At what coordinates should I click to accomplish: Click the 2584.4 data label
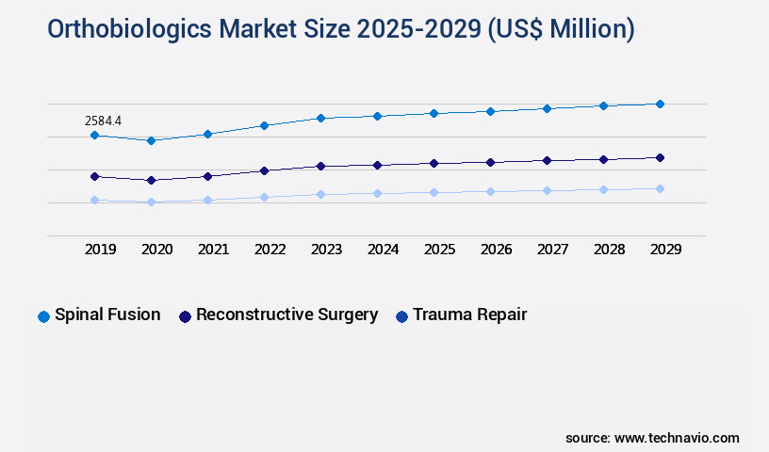[x=103, y=121]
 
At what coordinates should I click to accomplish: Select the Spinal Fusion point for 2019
[x=94, y=136]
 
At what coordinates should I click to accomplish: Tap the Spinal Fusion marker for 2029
[x=660, y=104]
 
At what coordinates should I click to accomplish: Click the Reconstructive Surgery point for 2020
[x=151, y=180]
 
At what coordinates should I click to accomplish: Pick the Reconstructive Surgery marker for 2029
[x=660, y=157]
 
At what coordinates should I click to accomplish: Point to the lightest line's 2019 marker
[x=94, y=200]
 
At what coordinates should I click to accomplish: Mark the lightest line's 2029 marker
[x=660, y=188]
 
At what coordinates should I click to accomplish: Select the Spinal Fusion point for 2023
[x=320, y=118]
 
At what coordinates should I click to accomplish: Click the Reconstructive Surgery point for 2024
[x=377, y=165]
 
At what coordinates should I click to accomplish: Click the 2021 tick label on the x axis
[x=213, y=250]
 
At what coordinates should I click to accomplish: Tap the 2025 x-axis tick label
[x=439, y=250]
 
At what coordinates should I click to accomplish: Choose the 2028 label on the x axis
[x=609, y=250]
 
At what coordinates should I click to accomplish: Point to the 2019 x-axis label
[x=100, y=250]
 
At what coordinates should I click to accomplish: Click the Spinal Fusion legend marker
[x=43, y=316]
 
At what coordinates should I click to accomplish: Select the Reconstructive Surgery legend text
[x=286, y=315]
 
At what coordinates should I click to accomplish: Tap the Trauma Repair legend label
[x=469, y=315]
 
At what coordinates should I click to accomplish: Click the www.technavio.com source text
[x=677, y=438]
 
